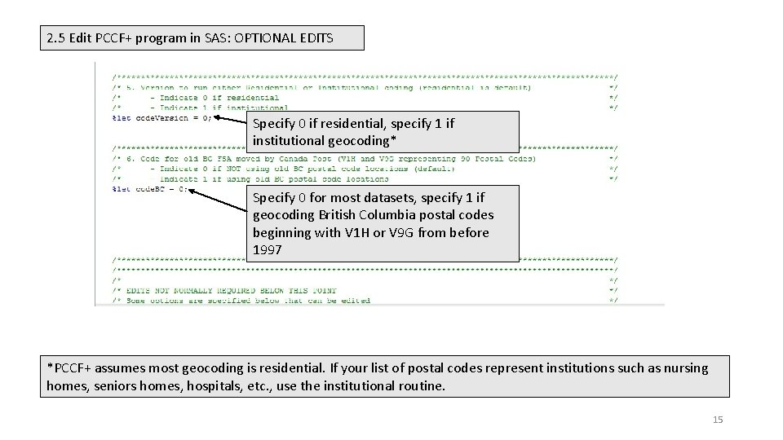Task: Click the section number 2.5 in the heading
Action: click(57, 37)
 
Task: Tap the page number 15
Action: click(718, 420)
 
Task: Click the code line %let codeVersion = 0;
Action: click(161, 117)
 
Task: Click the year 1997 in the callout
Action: click(267, 250)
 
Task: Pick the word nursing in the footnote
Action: click(686, 368)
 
